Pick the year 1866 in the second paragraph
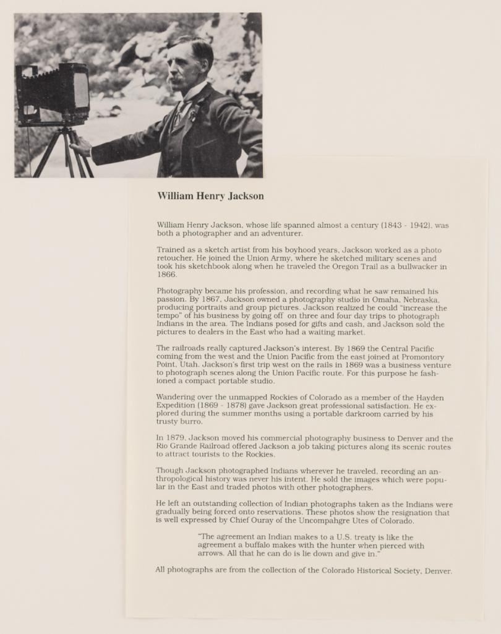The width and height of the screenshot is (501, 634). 166,275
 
